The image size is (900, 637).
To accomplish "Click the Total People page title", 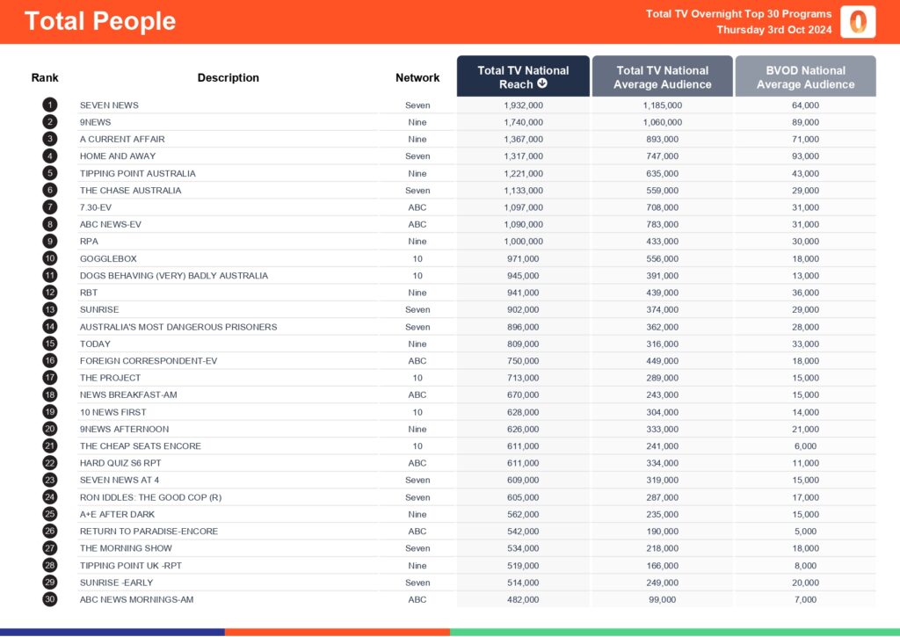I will point(100,22).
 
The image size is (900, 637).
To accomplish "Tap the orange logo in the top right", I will point(858,22).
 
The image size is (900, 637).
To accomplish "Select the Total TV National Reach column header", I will point(523,77).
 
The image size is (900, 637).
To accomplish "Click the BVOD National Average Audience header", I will point(805,77).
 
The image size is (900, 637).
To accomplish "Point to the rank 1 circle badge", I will point(49,105).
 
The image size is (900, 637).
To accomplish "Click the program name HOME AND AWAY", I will point(118,156).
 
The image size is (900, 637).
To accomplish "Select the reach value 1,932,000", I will point(523,105).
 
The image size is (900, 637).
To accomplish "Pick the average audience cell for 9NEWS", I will point(662,122).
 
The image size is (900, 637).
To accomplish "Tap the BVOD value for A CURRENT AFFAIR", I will point(805,139).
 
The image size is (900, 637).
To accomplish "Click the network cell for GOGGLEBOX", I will point(417,258).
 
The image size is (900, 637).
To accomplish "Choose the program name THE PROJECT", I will point(110,378).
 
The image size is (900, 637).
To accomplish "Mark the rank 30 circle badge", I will point(49,599).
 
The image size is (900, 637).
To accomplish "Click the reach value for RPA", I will point(523,242).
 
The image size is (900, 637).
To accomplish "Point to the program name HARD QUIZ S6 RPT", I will point(121,463).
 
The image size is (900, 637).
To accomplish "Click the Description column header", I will point(229,77).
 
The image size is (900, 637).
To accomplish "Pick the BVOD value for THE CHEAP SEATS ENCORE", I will point(805,445).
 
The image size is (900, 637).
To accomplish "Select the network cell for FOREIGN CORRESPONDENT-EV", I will point(417,360).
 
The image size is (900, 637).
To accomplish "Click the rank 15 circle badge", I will point(49,344).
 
